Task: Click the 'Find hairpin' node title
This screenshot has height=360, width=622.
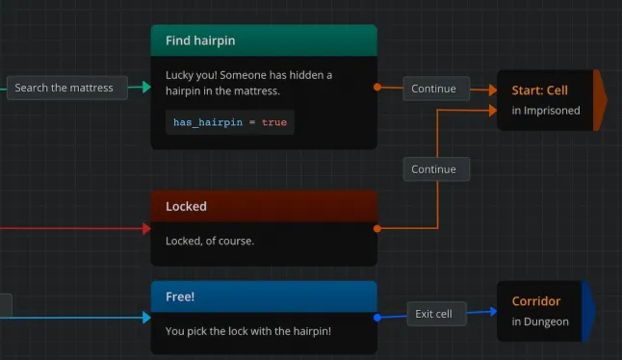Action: (200, 41)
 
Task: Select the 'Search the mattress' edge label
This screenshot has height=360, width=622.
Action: (64, 88)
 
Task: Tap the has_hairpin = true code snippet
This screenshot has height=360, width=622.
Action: (230, 122)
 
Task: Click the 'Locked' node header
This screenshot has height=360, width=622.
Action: (186, 206)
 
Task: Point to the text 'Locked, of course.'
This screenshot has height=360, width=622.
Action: (210, 241)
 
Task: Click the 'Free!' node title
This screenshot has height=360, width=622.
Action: (180, 296)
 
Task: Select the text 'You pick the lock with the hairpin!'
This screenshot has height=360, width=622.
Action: (248, 331)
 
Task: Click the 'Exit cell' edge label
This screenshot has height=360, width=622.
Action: (433, 314)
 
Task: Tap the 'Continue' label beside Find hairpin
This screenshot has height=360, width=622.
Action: (433, 89)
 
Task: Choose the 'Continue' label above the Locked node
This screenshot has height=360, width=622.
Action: (433, 169)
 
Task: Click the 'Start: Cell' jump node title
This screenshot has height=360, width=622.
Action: (539, 90)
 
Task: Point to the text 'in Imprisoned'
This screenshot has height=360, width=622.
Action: (546, 111)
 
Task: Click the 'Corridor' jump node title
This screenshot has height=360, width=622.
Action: (536, 301)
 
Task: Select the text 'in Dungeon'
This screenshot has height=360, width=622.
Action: (540, 321)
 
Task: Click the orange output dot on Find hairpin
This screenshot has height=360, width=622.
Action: (376, 88)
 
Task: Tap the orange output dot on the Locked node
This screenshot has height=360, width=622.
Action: (376, 229)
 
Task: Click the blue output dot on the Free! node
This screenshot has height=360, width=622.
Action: (376, 317)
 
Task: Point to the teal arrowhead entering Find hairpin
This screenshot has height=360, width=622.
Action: (146, 88)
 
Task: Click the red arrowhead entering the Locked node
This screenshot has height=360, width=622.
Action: (146, 229)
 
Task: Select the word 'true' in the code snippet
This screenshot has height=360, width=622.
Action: (274, 122)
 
